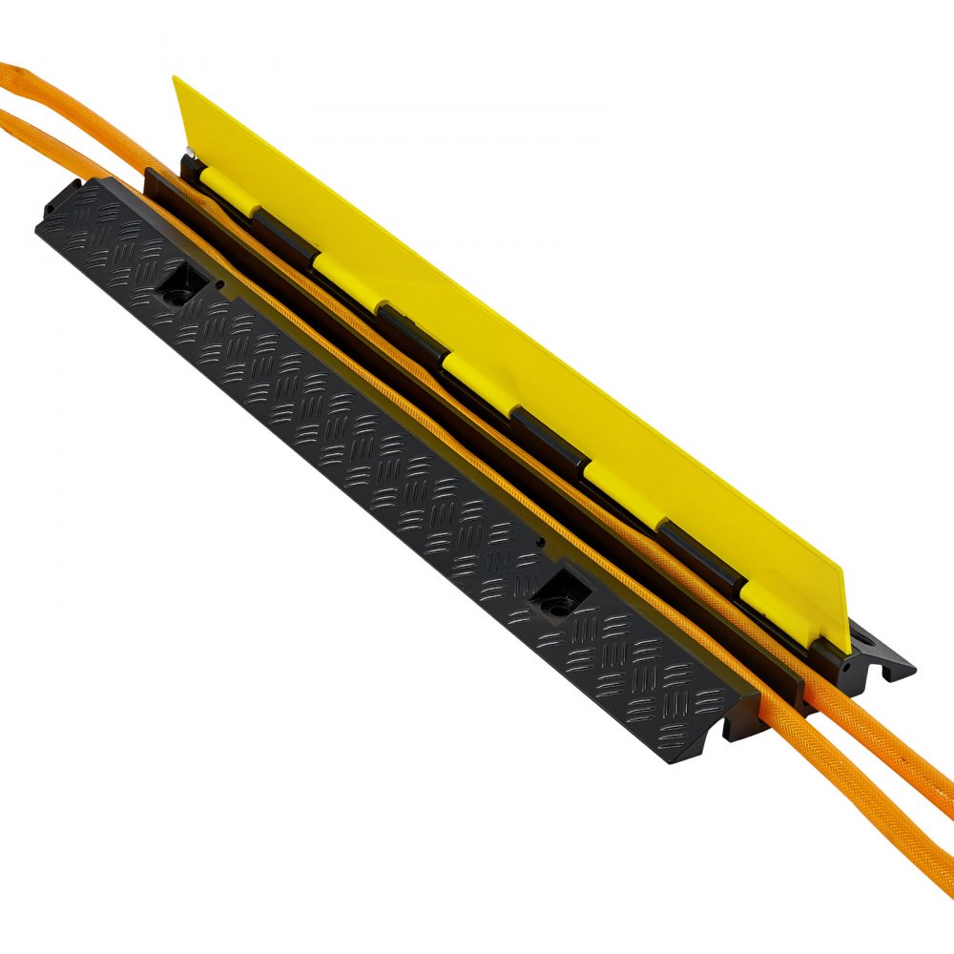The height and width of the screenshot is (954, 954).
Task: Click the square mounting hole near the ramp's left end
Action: point(181,283)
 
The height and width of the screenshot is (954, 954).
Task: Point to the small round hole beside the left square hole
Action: point(221,283)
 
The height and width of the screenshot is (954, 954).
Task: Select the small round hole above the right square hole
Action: point(542,544)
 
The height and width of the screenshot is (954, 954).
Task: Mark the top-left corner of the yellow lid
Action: point(176,79)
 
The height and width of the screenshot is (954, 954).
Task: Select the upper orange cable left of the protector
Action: point(57,95)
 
